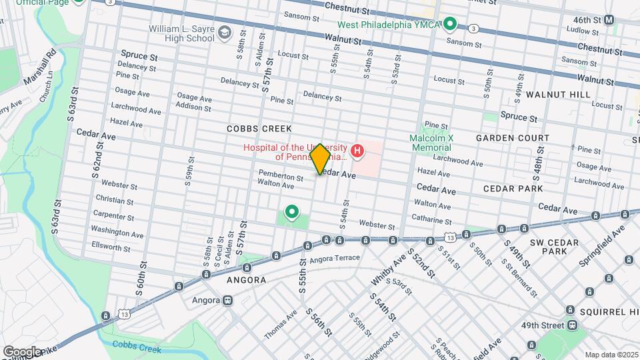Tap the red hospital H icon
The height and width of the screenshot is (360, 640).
pyautogui.click(x=357, y=152)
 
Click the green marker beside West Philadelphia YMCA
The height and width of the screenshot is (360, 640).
pyautogui.click(x=450, y=25)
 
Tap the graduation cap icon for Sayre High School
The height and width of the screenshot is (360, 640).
pyautogui.click(x=225, y=31)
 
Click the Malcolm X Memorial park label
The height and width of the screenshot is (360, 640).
pyautogui.click(x=431, y=143)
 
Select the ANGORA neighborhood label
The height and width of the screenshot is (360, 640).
pyautogui.click(x=246, y=280)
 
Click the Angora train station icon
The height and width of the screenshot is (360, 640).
pyautogui.click(x=228, y=300)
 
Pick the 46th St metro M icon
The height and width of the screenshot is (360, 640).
pyautogui.click(x=609, y=20)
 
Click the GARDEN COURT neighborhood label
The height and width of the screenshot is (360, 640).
pyautogui.click(x=513, y=138)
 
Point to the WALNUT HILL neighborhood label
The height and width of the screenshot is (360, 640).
pyautogui.click(x=558, y=95)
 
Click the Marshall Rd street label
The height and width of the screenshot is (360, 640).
pyautogui.click(x=50, y=65)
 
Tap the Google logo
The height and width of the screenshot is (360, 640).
pyautogui.click(x=22, y=351)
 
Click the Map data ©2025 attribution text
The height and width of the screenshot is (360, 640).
pyautogui.click(x=611, y=355)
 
